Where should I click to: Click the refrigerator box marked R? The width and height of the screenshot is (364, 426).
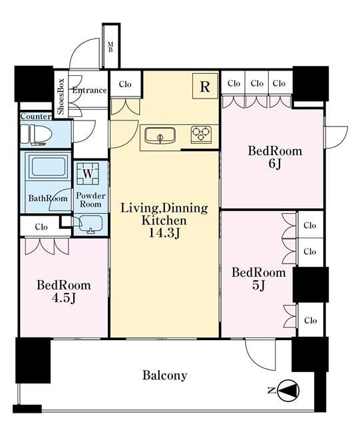click(205, 86)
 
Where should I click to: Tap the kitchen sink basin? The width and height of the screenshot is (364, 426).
click(160, 136)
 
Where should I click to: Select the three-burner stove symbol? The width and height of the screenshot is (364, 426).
click(201, 134)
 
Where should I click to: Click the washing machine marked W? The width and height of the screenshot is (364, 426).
click(87, 174)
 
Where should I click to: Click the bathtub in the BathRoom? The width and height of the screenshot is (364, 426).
click(49, 166)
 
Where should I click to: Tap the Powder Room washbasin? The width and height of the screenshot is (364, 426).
click(91, 224)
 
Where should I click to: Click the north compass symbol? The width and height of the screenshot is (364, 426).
click(288, 391)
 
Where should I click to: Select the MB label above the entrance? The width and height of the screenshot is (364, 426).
click(110, 47)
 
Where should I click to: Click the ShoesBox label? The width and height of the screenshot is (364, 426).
click(61, 97)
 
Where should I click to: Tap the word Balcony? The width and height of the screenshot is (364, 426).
click(165, 375)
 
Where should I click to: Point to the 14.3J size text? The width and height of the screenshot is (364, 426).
click(165, 233)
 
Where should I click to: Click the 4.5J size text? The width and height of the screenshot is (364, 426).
click(64, 298)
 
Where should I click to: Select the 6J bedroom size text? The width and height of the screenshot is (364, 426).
click(275, 164)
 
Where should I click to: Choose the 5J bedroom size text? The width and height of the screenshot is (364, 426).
click(259, 286)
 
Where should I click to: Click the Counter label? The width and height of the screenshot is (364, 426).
click(36, 116)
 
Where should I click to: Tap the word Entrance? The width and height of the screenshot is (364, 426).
click(89, 91)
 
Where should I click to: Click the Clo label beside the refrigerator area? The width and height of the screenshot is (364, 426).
click(125, 85)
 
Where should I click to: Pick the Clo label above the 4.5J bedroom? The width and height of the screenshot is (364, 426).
click(41, 226)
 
